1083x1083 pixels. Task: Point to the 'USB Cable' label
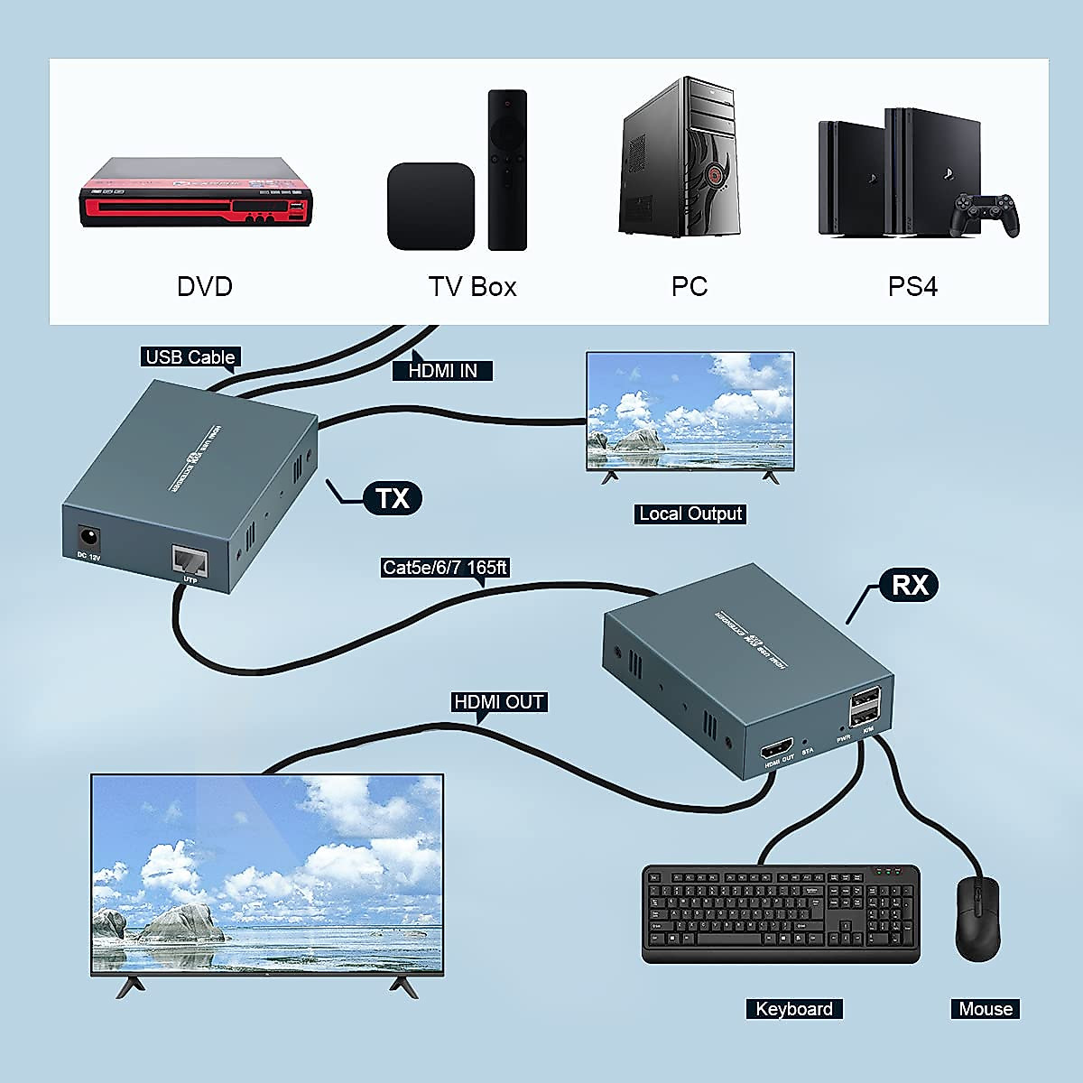(190, 357)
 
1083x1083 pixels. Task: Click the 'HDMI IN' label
(442, 370)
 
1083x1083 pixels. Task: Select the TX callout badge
(392, 498)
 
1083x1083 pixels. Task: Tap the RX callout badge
(909, 585)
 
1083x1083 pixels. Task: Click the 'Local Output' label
(690, 514)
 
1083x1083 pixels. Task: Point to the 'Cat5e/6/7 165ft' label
(445, 568)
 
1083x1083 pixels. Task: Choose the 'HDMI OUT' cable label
(498, 702)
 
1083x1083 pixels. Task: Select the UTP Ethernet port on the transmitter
(190, 561)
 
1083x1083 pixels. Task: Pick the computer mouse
(977, 918)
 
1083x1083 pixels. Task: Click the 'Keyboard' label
(793, 1009)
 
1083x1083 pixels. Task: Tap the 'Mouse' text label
(985, 1009)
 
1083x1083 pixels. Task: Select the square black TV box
(430, 207)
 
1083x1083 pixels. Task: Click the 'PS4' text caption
(912, 287)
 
